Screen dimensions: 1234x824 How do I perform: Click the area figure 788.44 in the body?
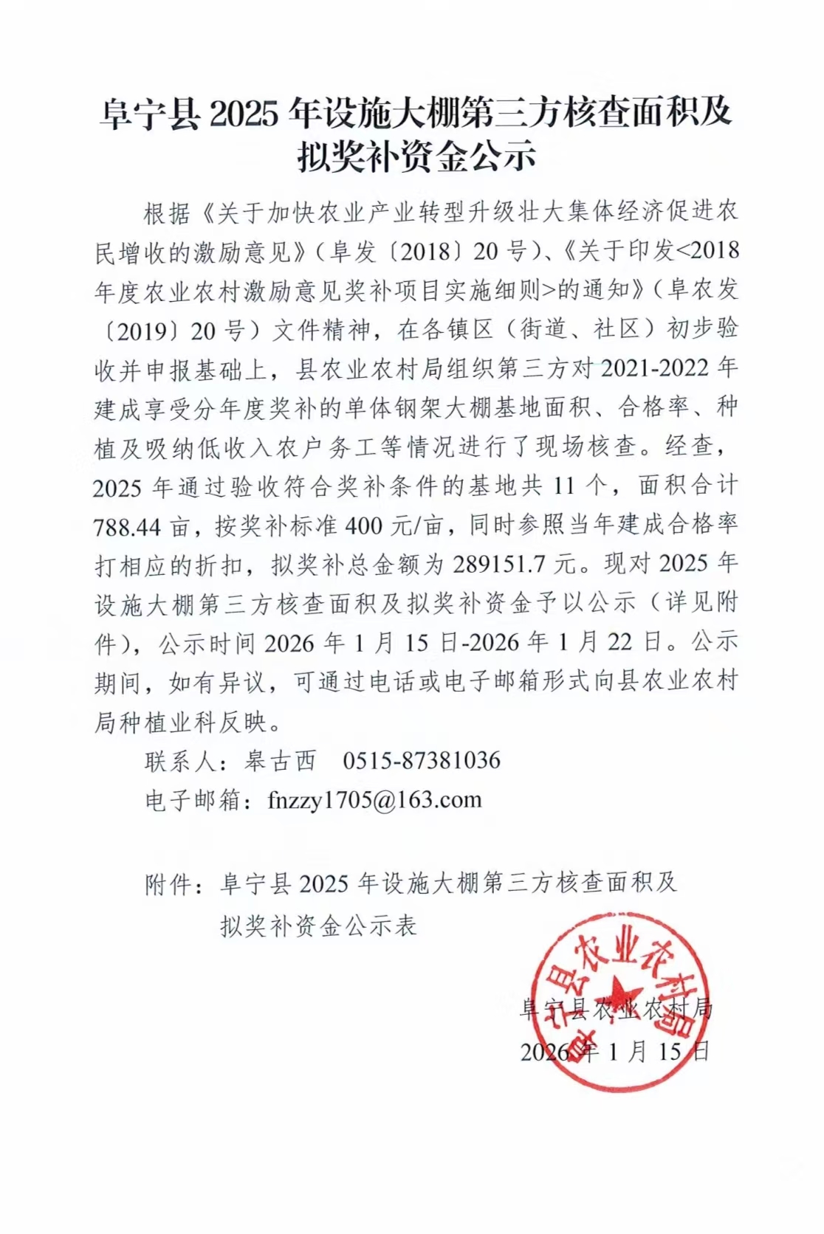coord(127,526)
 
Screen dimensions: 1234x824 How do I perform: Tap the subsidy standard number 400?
coord(364,526)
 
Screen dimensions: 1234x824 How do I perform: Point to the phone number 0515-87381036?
coord(422,760)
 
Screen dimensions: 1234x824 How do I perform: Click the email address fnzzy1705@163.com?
coord(374,800)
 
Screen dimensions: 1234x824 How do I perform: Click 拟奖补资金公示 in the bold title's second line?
coord(416,156)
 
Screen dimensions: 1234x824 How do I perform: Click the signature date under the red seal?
coord(615,1051)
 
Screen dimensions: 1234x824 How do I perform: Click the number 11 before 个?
coord(564,486)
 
